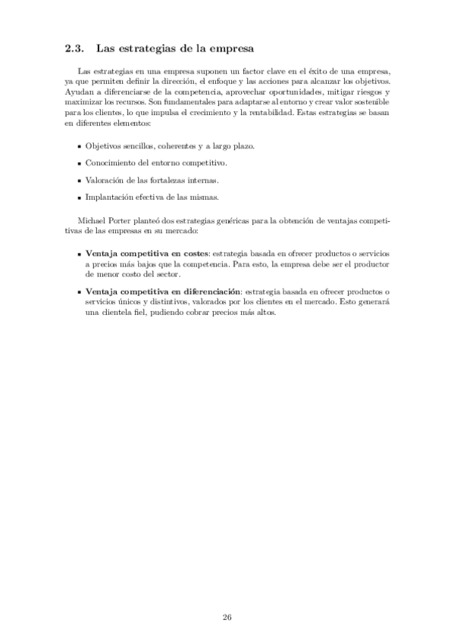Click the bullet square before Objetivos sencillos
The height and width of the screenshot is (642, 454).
tap(80, 146)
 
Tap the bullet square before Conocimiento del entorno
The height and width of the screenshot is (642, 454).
tap(80, 164)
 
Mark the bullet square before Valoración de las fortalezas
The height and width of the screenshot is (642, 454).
tap(80, 181)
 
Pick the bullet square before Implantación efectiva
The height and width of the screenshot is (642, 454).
tap(80, 198)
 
